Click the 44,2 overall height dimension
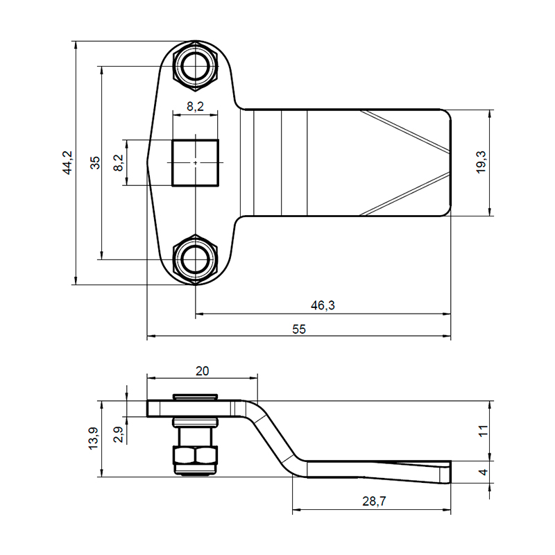click(x=67, y=162)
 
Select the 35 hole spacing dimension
click(x=96, y=162)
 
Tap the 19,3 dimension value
click(x=481, y=162)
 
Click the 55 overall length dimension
click(x=299, y=330)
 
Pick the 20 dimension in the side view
click(x=202, y=370)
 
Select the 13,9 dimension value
click(x=93, y=439)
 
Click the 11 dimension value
click(x=484, y=430)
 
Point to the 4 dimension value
click(x=484, y=472)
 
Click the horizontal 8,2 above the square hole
click(x=196, y=106)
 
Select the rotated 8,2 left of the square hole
click(x=118, y=162)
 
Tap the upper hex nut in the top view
click(x=196, y=66)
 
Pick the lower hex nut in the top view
click(x=196, y=259)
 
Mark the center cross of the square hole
click(x=196, y=162)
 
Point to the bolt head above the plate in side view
click(x=196, y=397)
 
